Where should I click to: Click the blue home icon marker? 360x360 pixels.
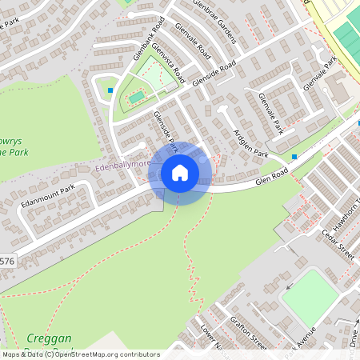point(180,173)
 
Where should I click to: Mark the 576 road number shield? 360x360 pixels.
point(6,261)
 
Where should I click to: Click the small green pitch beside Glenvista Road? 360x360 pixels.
point(137,98)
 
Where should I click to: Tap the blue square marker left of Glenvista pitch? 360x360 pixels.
point(110,90)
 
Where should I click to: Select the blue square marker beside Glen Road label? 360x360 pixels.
point(294,156)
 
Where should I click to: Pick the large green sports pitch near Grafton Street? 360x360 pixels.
point(310,297)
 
